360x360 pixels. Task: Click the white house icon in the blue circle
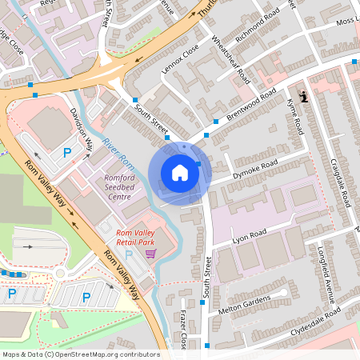coord(180,172)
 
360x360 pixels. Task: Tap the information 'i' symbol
coord(302,98)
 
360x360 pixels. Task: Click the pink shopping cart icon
coord(150,254)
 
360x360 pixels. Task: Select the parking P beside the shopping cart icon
coord(130,254)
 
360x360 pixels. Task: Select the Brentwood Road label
coord(256,103)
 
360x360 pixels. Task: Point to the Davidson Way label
coord(82,129)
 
